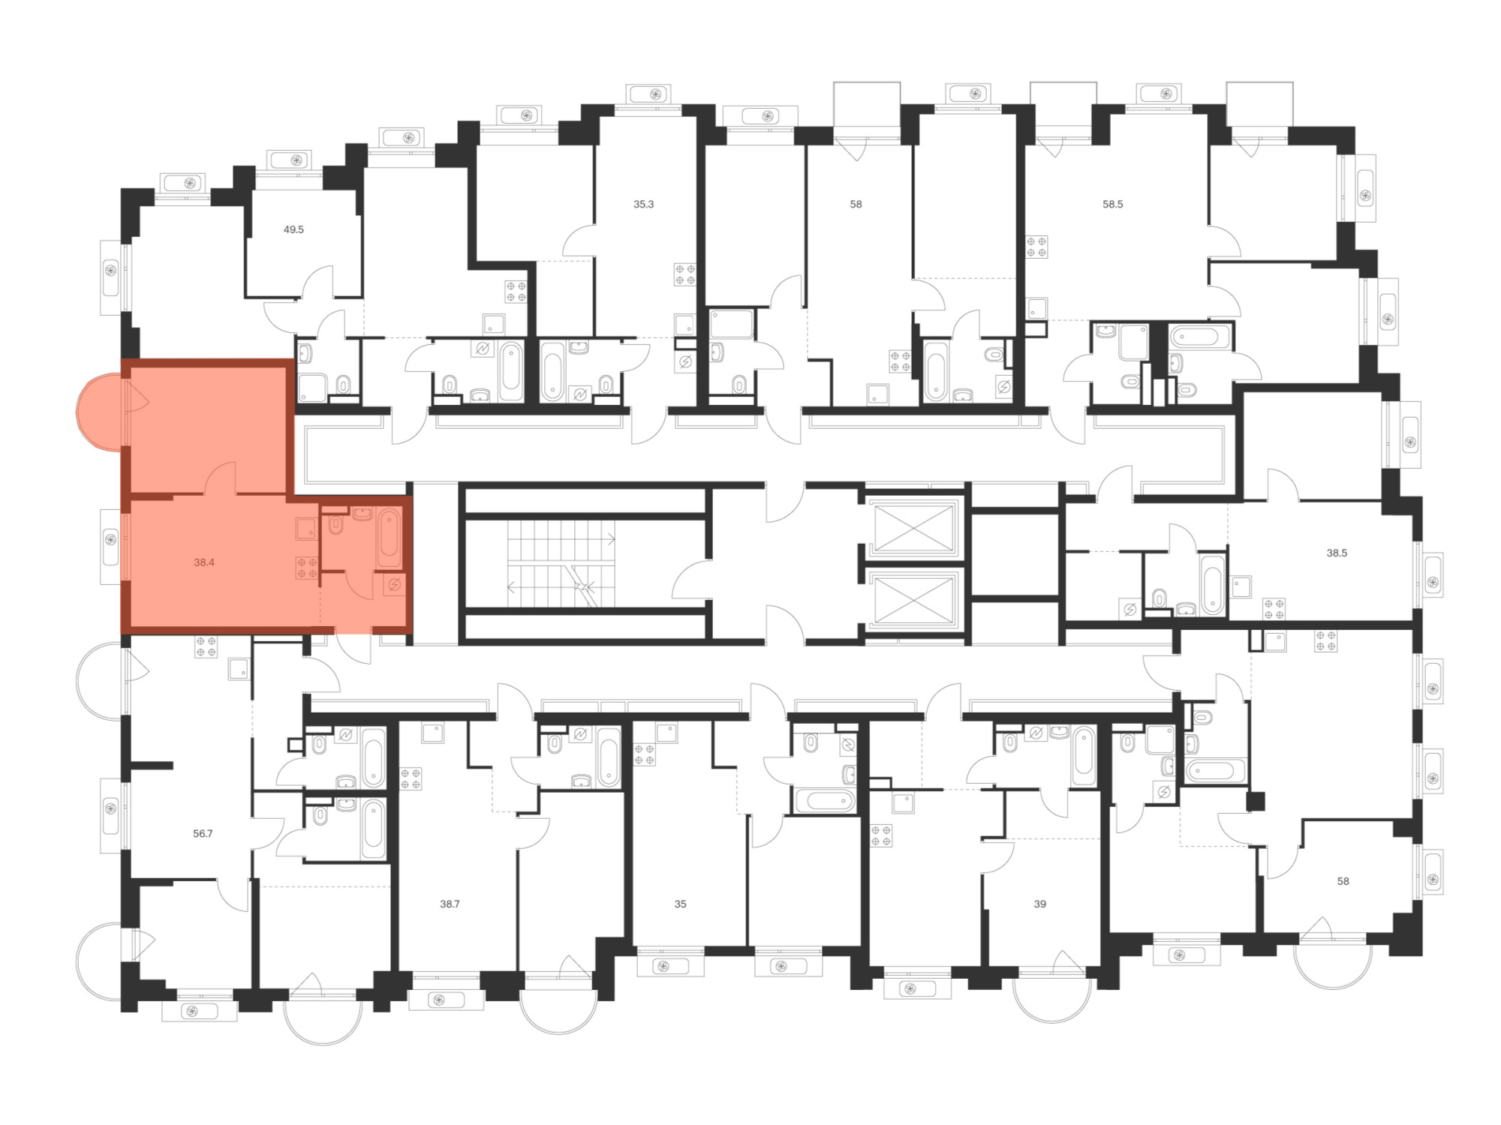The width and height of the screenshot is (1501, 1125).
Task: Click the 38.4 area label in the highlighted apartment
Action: pyautogui.click(x=204, y=562)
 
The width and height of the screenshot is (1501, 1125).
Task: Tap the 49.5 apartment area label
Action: pyautogui.click(x=293, y=229)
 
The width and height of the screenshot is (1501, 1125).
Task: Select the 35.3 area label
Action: pyautogui.click(x=643, y=204)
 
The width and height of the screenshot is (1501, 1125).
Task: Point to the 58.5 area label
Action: pyautogui.click(x=1112, y=204)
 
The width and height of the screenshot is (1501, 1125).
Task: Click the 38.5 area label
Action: pyautogui.click(x=1337, y=553)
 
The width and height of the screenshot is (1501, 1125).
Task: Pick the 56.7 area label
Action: pyautogui.click(x=203, y=833)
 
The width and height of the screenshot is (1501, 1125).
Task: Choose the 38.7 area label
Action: pyautogui.click(x=450, y=904)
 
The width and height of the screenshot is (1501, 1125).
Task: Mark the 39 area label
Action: pyautogui.click(x=1039, y=904)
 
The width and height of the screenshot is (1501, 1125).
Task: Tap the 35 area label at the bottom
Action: pyautogui.click(x=680, y=904)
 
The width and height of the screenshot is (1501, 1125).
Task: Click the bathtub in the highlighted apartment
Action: pyautogui.click(x=389, y=538)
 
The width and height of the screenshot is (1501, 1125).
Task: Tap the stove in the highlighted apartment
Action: pyautogui.click(x=306, y=568)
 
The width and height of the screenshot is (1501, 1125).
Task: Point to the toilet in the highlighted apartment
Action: pyautogui.click(x=336, y=524)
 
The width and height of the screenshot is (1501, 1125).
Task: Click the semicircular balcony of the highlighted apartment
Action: pyautogui.click(x=99, y=413)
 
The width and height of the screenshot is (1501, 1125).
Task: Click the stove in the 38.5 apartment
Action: pyautogui.click(x=1274, y=609)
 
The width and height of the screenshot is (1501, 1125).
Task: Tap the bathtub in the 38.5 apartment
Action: pyautogui.click(x=1211, y=585)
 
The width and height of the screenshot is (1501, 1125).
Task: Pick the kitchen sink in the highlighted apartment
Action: pyautogui.click(x=305, y=529)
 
